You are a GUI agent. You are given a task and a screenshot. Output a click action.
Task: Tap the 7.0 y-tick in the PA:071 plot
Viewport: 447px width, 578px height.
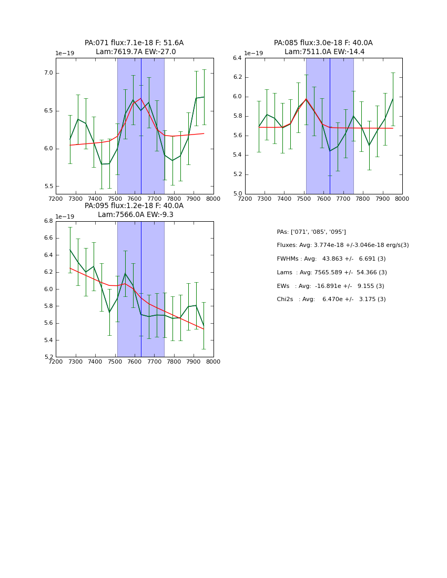point(47,73)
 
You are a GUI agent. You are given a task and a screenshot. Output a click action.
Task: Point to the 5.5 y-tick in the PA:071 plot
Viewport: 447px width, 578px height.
point(47,187)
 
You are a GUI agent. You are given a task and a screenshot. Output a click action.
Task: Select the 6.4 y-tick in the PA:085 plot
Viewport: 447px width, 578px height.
point(237,58)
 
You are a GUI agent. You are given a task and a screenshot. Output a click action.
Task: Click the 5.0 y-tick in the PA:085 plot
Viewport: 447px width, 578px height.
point(237,194)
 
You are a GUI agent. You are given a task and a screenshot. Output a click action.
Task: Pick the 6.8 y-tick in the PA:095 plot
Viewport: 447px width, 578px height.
point(48,221)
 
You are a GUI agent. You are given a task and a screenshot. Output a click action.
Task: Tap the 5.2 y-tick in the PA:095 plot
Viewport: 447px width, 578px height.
point(48,357)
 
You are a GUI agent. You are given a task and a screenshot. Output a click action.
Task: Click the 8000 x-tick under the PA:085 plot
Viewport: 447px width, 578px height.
point(402,199)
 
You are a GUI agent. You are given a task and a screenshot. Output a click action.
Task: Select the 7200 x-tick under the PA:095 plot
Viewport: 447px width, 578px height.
point(56,362)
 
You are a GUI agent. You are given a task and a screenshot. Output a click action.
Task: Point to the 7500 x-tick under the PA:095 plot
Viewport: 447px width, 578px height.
point(115,362)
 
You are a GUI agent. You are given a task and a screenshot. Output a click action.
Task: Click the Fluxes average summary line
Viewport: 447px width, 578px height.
point(342,245)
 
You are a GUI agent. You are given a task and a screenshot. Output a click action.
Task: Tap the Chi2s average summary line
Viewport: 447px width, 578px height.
point(331,300)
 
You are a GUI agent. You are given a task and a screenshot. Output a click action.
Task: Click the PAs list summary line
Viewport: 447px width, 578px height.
point(311,232)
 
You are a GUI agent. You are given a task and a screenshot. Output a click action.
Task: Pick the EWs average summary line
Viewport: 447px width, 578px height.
point(330,286)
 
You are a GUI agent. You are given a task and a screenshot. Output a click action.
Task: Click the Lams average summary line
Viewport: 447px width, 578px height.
point(331,273)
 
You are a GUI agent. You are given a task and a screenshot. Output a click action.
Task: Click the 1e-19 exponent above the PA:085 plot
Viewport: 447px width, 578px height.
point(253,54)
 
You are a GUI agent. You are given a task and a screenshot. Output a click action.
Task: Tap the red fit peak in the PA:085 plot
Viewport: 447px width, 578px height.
point(306,99)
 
